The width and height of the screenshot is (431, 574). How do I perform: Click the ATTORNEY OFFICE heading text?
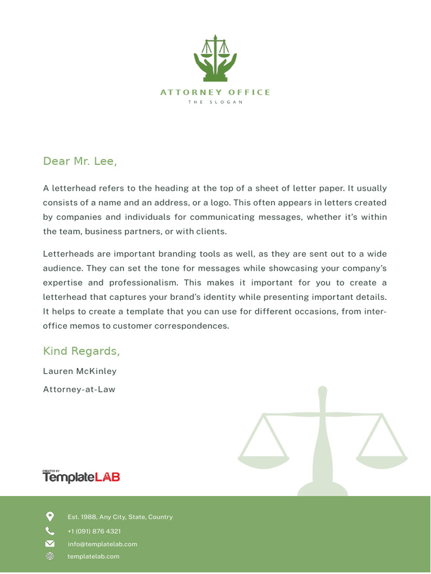point(215,92)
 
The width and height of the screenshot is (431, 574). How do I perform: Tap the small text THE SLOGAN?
point(215,102)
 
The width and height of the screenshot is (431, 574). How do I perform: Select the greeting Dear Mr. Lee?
point(80,161)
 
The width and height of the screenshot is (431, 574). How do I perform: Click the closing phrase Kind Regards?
point(81,351)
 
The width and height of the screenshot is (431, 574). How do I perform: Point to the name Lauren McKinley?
point(80,371)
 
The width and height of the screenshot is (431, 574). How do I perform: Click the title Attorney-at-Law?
point(79,389)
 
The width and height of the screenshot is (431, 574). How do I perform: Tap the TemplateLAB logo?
point(81,477)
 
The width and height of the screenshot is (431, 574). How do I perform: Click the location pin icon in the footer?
point(50,516)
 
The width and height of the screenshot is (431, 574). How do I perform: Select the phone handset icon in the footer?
point(50,531)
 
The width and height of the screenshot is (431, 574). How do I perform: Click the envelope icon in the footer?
point(50,544)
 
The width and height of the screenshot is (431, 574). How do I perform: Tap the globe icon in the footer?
point(50,556)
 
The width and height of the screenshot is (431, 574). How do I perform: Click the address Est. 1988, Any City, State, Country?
point(120,517)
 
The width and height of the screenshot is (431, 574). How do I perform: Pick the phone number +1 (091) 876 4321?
point(94,531)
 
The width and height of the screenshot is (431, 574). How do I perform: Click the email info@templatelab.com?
point(102,544)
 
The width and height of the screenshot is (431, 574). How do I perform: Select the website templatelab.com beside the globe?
point(93,556)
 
